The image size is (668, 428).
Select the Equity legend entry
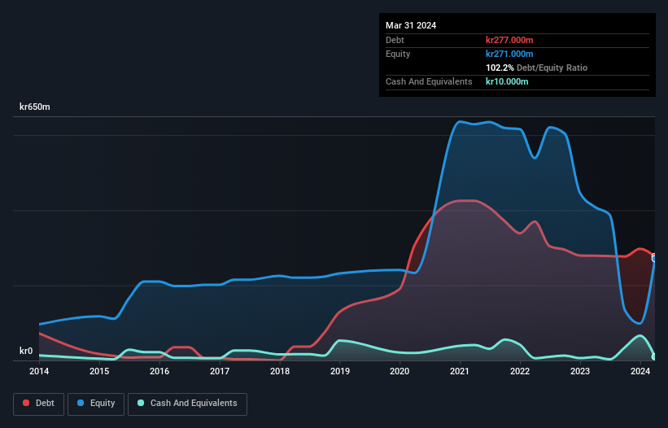96,403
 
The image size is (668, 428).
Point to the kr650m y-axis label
35,107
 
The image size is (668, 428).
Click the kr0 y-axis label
26,352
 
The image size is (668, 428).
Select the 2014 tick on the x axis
39,372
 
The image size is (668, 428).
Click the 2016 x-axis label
159,372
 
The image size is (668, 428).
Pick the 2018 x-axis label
280,372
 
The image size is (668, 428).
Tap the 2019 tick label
340,372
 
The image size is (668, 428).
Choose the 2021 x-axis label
460,372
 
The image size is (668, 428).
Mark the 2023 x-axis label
580,372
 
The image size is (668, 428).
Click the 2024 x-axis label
640,372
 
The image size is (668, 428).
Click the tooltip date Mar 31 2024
411,25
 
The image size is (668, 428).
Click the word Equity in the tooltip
399,54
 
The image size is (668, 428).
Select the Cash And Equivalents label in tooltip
429,81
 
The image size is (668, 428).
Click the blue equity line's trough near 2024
640,323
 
